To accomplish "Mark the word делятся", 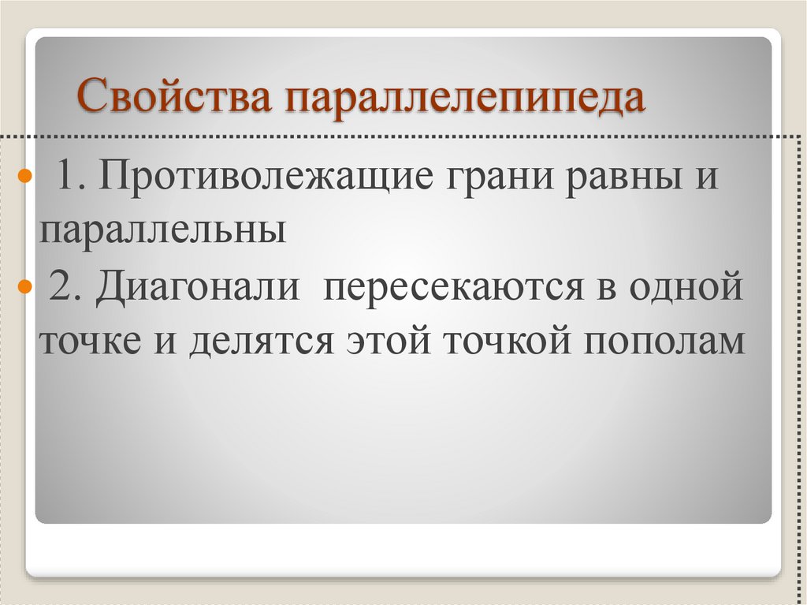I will (257, 342).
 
